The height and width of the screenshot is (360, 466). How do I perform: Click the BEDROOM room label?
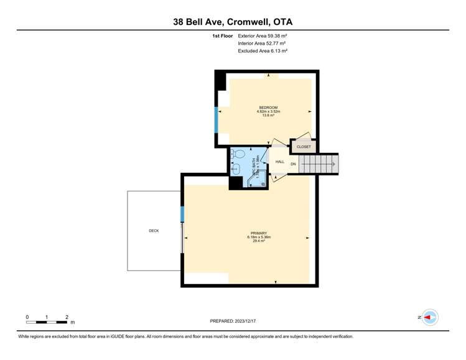coord(268,108)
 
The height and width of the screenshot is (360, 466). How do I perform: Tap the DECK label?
coord(154,231)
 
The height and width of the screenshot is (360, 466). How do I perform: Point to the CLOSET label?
coord(304,147)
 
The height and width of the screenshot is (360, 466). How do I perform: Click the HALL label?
coord(280,162)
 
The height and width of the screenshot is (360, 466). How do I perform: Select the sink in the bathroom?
coord(235,168)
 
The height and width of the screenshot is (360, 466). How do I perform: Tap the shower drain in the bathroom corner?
coord(263,183)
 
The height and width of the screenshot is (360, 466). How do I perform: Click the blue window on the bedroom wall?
coord(216,119)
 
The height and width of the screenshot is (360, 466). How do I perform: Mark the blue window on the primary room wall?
coord(182,214)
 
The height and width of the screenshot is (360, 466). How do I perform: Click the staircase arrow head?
coord(334,164)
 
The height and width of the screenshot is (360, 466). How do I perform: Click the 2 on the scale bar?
coord(67,316)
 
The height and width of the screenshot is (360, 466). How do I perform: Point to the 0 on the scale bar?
coord(27,316)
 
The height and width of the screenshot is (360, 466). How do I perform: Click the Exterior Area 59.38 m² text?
coord(262,36)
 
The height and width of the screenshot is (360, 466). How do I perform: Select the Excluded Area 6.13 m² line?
coord(262,51)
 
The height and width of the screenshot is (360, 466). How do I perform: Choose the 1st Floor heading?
coord(222,36)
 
